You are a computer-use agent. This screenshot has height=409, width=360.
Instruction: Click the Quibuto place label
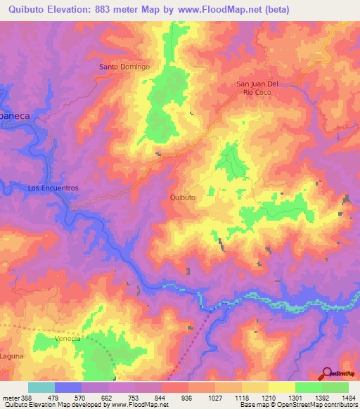point(183,198)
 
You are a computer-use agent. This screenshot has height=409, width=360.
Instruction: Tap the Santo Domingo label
point(124,67)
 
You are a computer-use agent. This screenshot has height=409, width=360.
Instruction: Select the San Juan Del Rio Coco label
point(258,87)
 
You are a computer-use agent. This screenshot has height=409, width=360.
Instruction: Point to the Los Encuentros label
point(52,188)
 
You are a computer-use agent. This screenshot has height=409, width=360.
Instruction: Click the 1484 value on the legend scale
point(348,397)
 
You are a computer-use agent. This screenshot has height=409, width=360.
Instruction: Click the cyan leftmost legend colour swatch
point(41,387)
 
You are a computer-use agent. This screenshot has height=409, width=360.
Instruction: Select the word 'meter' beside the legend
point(11,397)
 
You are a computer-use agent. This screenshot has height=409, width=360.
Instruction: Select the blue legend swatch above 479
point(68,387)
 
